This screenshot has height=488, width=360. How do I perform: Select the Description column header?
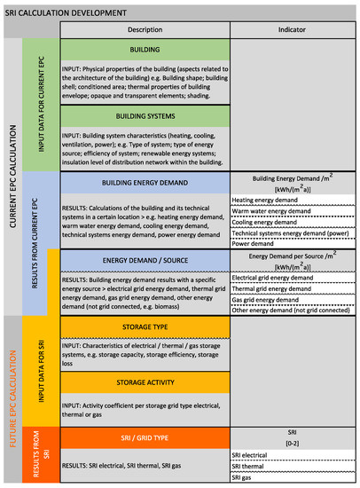pyautogui.click(x=145, y=30)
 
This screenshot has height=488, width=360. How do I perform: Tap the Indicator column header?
pyautogui.click(x=293, y=30)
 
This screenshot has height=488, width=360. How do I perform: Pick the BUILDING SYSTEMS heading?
pyautogui.click(x=145, y=116)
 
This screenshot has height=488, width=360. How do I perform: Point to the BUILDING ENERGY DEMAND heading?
pyautogui.click(x=145, y=181)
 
